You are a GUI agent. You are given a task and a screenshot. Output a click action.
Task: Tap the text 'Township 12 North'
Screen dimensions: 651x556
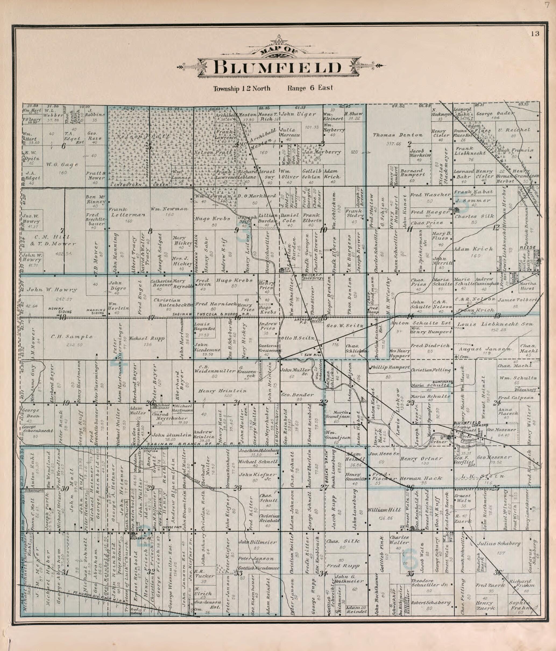click(242, 88)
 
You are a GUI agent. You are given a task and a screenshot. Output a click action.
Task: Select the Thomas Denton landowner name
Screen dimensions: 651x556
click(398, 135)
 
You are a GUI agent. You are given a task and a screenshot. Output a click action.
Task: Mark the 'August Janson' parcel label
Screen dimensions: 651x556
click(485, 349)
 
